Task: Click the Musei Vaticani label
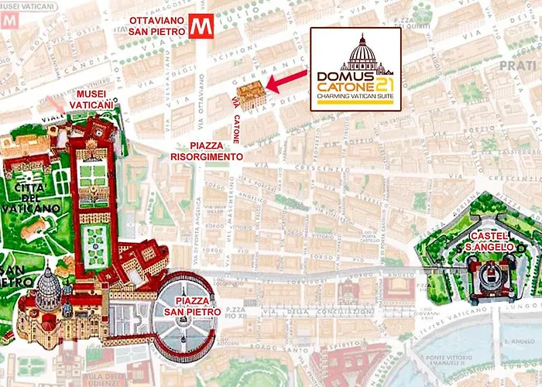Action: tap(92, 98)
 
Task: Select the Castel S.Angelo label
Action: tap(489, 241)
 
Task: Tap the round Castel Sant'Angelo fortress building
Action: tap(488, 275)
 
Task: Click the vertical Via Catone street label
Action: tap(236, 119)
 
